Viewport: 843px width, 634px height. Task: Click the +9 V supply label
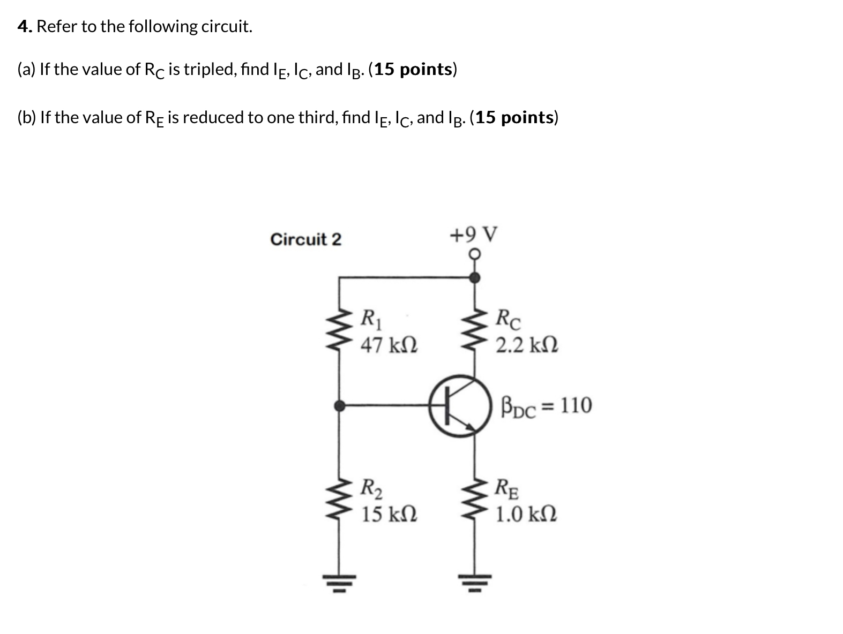[x=474, y=235]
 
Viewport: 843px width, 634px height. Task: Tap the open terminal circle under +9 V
[x=474, y=254]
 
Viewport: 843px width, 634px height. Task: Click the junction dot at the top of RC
[x=474, y=277]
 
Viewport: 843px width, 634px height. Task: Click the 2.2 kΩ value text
[x=527, y=345]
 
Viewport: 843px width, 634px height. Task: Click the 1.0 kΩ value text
[x=526, y=514]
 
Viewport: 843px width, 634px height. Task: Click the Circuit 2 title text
[x=305, y=239]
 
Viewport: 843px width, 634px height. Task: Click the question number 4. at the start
[x=25, y=26]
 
